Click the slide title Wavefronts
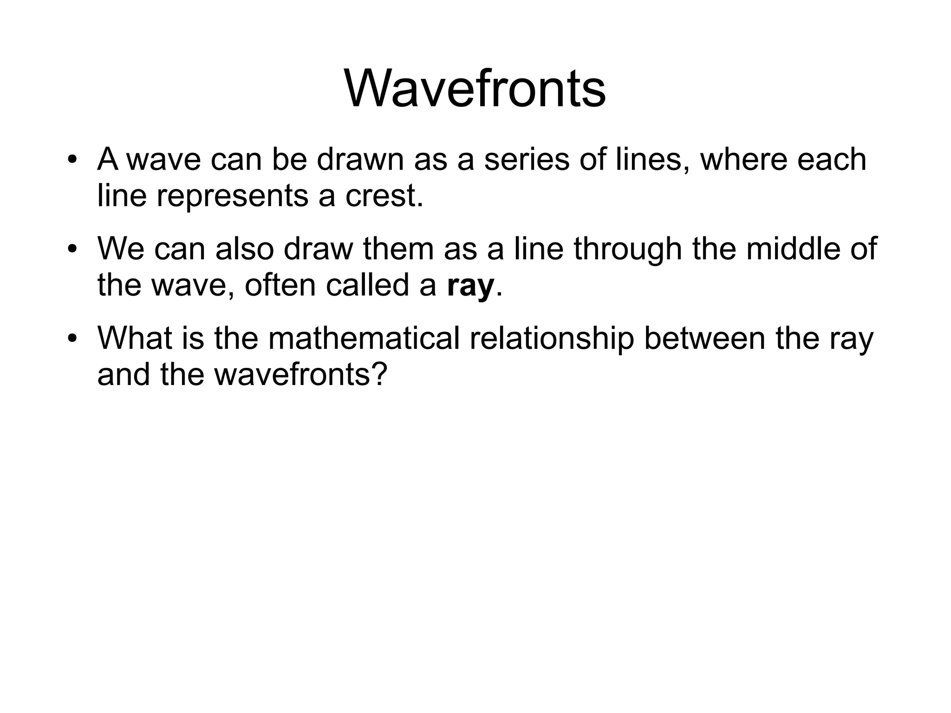[x=475, y=88]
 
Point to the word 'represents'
[x=232, y=196]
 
